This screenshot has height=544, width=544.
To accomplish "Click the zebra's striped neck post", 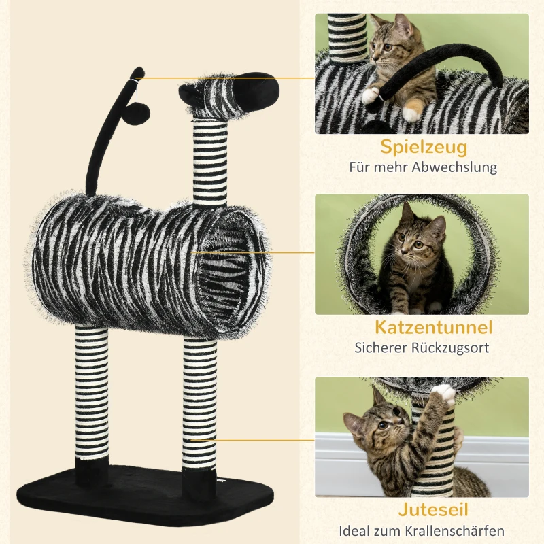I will tap(209, 162).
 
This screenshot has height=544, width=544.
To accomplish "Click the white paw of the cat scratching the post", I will tap(444, 394).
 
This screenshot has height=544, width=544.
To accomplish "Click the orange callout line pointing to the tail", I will tap(224, 78).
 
